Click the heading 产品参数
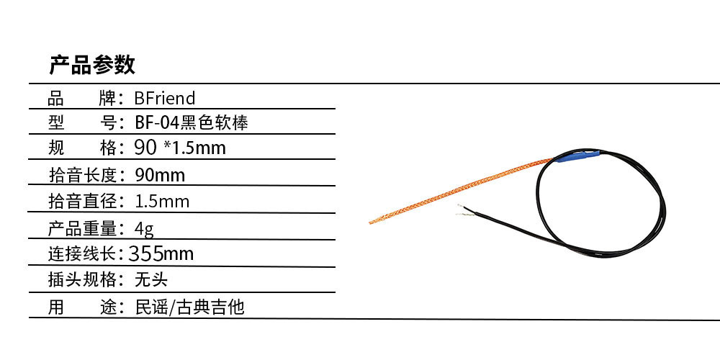pyautogui.click(x=92, y=65)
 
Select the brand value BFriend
pyautogui.click(x=165, y=98)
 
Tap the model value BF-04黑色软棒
pyautogui.click(x=192, y=122)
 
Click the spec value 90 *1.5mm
pyautogui.click(x=180, y=148)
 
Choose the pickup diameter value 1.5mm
pyautogui.click(x=162, y=201)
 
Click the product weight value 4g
pyautogui.click(x=145, y=228)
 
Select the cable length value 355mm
pyautogui.click(x=161, y=253)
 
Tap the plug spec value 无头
pyautogui.click(x=151, y=279)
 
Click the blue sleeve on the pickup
pyautogui.click(x=577, y=156)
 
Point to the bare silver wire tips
pyautogui.click(x=465, y=210)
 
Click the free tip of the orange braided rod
pyautogui.click(x=370, y=222)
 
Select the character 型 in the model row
pyautogui.click(x=56, y=122)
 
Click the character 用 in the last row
pyautogui.click(x=56, y=307)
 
